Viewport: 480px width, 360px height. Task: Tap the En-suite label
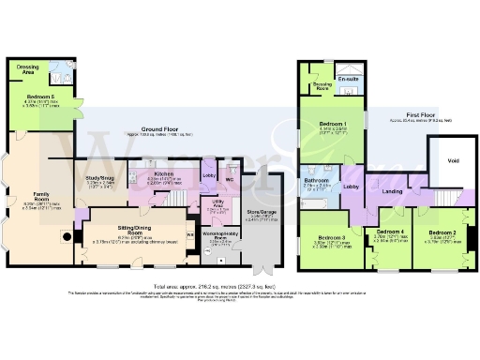pos(349,80)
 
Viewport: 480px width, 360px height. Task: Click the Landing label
pos(391,191)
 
